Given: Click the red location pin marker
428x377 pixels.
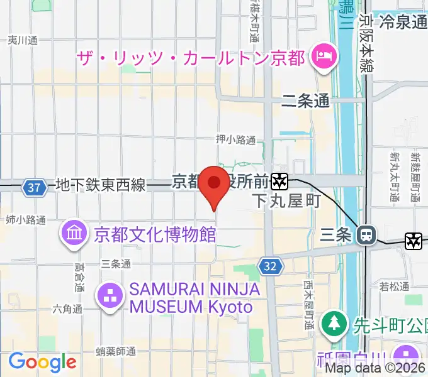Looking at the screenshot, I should (215, 184).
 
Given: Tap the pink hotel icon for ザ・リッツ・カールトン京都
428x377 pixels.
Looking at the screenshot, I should (323, 58).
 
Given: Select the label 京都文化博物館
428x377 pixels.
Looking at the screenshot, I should (155, 235).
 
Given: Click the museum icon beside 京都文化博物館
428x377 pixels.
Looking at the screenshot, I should (74, 234).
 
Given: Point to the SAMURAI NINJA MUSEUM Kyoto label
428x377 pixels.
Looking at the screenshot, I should (191, 298).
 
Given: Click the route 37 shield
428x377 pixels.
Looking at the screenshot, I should (35, 187).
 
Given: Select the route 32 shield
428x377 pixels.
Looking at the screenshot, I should (271, 266).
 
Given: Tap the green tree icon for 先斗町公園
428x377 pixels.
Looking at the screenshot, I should (332, 324).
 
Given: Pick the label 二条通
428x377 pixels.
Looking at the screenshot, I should (306, 101).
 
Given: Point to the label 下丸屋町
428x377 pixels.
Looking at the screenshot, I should (286, 201).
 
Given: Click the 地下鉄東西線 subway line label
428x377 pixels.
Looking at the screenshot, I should (101, 185).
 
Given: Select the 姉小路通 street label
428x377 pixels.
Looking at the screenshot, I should (26, 220).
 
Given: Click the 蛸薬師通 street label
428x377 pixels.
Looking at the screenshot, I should (116, 351).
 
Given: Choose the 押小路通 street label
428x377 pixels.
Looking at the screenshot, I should (235, 139).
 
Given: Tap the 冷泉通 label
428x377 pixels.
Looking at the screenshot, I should (403, 22).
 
